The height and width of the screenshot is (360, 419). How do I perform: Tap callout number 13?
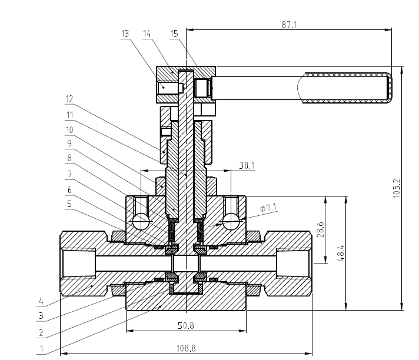point(124,34)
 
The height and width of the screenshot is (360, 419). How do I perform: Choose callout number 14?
point(147,34)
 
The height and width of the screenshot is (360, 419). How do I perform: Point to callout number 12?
point(69,99)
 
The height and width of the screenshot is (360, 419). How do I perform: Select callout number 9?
point(69,143)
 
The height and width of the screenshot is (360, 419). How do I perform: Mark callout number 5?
point(69,204)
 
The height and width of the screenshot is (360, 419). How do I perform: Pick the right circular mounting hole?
point(231,221)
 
